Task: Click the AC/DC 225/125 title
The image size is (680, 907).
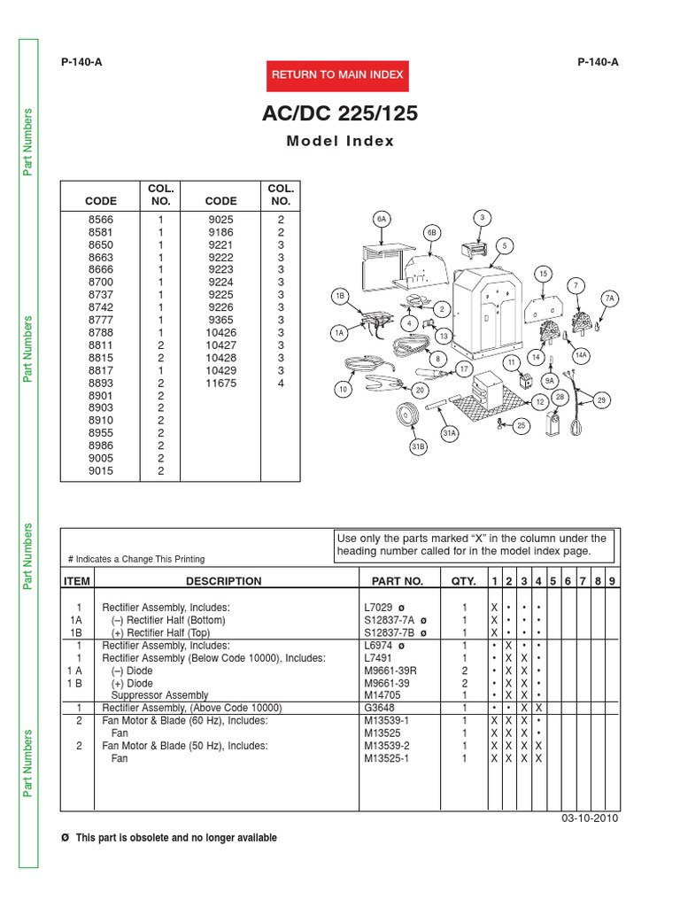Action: tap(340, 114)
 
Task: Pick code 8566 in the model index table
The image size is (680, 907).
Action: tap(101, 219)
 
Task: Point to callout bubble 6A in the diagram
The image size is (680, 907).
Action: tap(382, 218)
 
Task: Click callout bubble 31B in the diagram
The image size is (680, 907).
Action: tap(418, 447)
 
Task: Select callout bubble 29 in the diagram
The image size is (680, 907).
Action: tap(601, 401)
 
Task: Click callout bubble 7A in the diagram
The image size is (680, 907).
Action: tap(609, 299)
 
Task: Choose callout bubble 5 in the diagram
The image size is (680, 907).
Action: tap(504, 244)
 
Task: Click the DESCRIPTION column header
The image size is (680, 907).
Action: tap(223, 581)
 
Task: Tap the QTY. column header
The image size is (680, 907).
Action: tap(463, 581)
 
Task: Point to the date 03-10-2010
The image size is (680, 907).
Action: tap(590, 818)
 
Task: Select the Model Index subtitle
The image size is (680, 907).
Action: tap(340, 142)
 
